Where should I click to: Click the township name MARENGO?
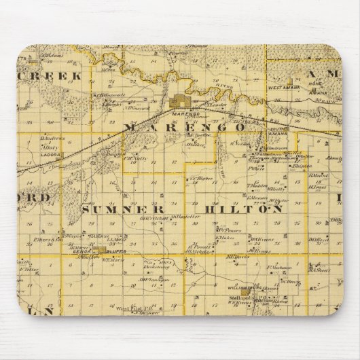click(x=184, y=127)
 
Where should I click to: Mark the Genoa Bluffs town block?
click(x=102, y=250)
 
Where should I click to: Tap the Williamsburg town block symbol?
click(x=259, y=288)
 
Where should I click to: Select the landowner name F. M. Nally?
click(x=137, y=158)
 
